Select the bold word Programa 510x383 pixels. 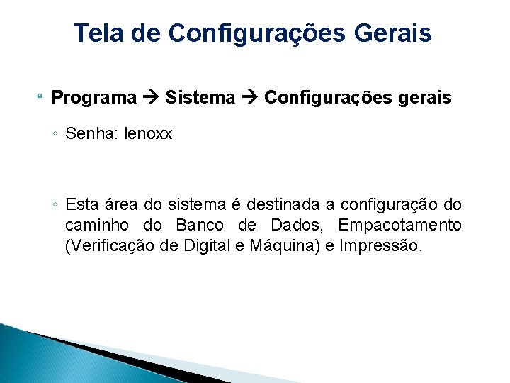(x=94, y=98)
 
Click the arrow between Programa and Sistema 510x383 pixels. (x=151, y=98)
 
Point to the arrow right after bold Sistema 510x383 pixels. (x=249, y=98)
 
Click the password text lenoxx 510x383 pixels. (x=148, y=134)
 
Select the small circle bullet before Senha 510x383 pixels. (x=56, y=133)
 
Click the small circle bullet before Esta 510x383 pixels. (x=56, y=205)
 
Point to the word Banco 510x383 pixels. (x=198, y=226)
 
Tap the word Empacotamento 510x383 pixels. (x=399, y=226)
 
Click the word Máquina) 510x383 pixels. (x=283, y=247)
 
